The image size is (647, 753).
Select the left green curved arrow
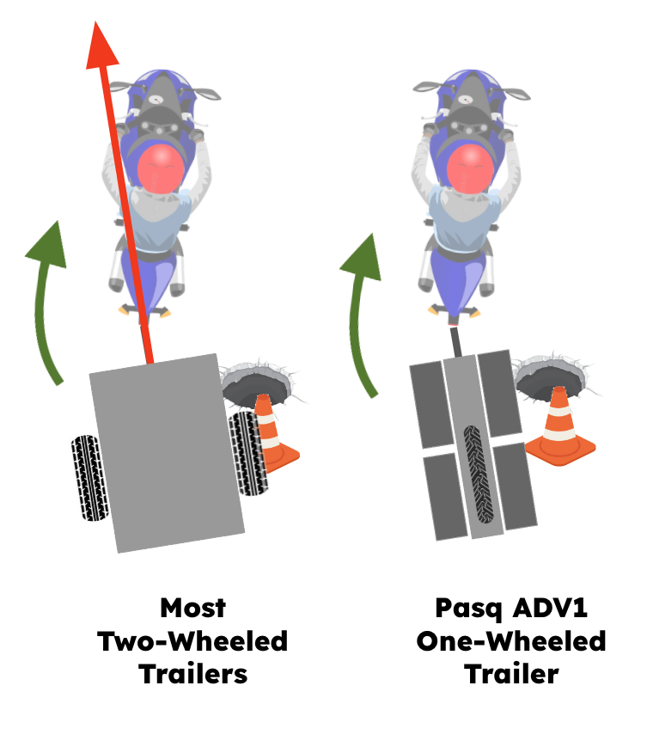click(46, 302)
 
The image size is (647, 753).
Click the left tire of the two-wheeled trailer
click(89, 478)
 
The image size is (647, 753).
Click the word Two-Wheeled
click(192, 641)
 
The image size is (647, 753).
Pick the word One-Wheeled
click(511, 641)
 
